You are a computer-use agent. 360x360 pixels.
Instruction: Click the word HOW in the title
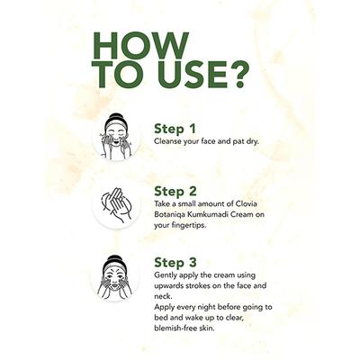141,45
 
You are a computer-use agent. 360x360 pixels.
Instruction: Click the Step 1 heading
175,129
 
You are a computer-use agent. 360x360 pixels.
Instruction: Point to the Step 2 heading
175,191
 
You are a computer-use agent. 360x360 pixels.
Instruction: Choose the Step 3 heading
175,262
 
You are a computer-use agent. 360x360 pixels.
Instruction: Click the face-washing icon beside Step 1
116,136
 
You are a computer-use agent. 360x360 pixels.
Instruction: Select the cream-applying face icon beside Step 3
115,277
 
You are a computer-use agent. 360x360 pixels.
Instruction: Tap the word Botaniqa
168,215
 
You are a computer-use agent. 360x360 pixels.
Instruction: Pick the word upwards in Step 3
168,285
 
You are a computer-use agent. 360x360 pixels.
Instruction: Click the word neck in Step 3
162,296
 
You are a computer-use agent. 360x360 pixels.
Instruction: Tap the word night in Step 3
205,308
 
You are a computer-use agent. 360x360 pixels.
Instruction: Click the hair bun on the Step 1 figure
116,117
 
